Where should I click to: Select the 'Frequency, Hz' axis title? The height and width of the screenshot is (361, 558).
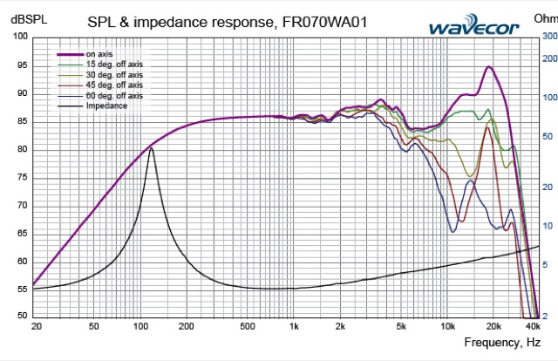[x=500, y=343]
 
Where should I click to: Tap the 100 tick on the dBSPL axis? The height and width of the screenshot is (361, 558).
[x=19, y=37]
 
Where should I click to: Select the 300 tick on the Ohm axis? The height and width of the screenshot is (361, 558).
[x=548, y=37]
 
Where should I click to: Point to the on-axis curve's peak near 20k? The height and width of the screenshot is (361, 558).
[x=490, y=67]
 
